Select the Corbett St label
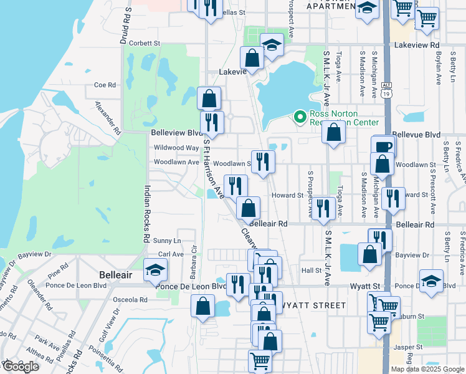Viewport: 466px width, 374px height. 145,44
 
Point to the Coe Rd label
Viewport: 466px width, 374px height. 105,85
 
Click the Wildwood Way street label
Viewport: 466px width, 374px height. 175,148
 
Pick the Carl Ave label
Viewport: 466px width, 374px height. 171,254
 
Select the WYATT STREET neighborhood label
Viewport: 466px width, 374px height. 315,305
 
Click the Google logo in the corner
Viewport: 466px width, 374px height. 20,367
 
